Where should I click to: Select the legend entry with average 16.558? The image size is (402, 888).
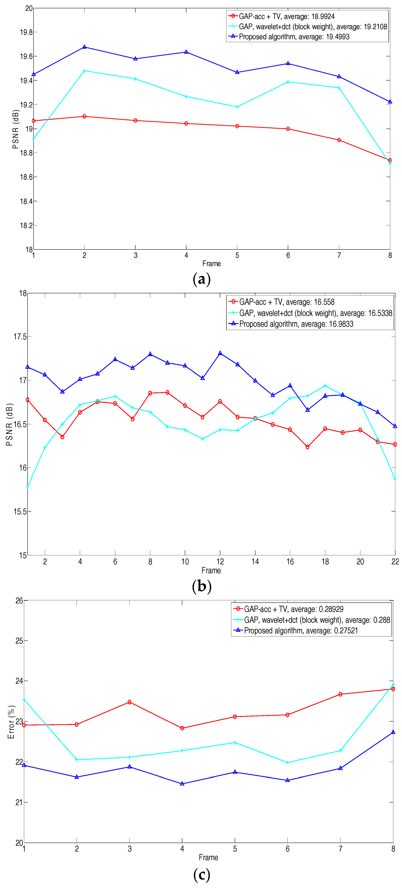pyautogui.click(x=287, y=302)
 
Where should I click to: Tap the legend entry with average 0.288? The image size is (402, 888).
pyautogui.click(x=317, y=620)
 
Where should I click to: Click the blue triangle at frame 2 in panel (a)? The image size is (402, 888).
pyautogui.click(x=84, y=47)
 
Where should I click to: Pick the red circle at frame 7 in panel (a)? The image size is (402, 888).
pyautogui.click(x=339, y=140)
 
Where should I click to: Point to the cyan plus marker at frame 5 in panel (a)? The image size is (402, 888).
pyautogui.click(x=237, y=107)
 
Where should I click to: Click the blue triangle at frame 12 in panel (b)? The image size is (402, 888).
pyautogui.click(x=220, y=353)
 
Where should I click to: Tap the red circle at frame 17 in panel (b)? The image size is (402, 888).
pyautogui.click(x=308, y=447)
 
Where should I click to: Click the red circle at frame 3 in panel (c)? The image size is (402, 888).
pyautogui.click(x=129, y=702)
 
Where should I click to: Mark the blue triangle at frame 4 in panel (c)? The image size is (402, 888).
pyautogui.click(x=182, y=784)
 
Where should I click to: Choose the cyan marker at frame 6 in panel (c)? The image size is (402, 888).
pyautogui.click(x=288, y=762)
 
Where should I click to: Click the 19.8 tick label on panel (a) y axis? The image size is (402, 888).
pyautogui.click(x=26, y=32)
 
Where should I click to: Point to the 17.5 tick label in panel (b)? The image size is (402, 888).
pyautogui.click(x=20, y=337)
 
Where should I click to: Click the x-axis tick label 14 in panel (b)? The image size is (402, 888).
pyautogui.click(x=255, y=561)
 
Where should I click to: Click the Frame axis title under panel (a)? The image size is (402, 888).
pyautogui.click(x=211, y=263)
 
